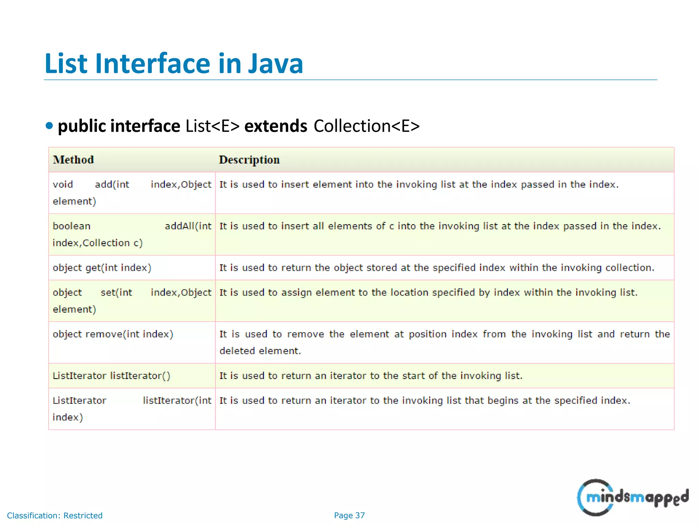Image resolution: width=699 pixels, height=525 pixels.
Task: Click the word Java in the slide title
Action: click(275, 64)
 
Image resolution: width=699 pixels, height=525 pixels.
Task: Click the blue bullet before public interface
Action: click(49, 126)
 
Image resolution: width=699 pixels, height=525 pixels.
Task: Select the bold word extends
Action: click(276, 126)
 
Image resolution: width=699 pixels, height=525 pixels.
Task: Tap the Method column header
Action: click(73, 160)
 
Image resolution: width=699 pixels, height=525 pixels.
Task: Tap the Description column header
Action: click(249, 160)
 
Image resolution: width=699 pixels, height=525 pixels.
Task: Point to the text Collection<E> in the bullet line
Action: click(367, 126)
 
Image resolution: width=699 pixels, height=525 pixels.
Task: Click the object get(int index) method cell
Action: click(102, 268)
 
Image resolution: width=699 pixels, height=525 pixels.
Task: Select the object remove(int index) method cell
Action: click(113, 334)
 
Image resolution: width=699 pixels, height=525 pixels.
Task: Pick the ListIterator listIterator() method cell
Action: click(111, 376)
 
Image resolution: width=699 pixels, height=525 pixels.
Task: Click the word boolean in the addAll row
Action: click(72, 226)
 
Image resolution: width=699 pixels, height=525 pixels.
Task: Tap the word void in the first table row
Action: click(63, 185)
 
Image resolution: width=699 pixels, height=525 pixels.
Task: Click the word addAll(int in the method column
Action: click(188, 226)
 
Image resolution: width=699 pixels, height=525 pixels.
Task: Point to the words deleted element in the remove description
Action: click(260, 351)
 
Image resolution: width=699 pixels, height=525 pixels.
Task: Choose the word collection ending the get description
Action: click(629, 268)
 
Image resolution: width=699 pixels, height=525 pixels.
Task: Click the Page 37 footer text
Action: click(349, 515)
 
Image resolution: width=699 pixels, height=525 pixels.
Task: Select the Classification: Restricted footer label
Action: click(55, 515)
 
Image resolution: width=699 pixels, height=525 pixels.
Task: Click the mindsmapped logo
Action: click(632, 497)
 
